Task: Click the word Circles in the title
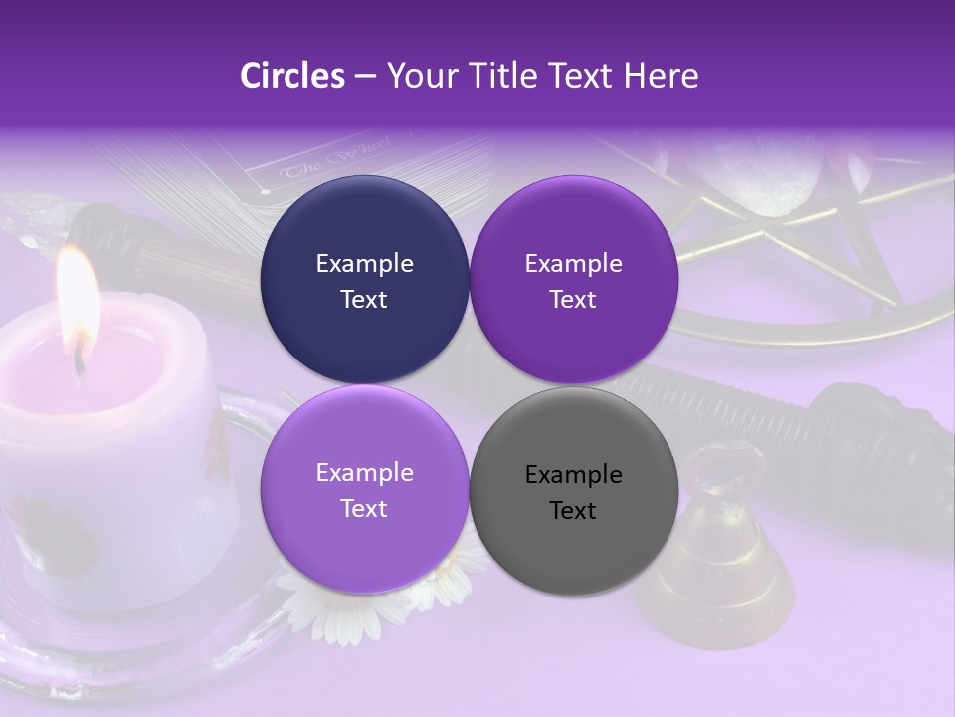pos(292,76)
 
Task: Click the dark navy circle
pos(364,280)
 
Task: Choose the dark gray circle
pos(573,491)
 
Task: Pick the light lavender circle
pos(364,489)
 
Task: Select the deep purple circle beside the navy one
pos(573,280)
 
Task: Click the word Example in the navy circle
pos(364,263)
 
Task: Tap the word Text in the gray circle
pos(573,510)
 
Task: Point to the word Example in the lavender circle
pos(364,473)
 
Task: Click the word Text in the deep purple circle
pos(573,299)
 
